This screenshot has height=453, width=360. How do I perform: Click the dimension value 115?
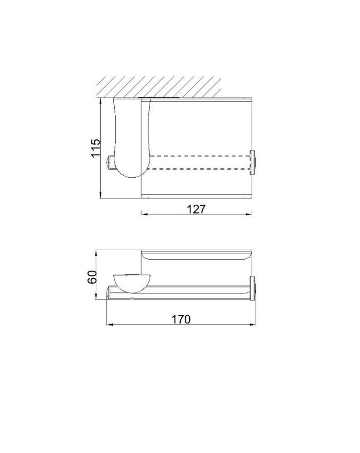(96, 148)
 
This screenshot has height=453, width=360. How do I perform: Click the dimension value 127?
(196, 209)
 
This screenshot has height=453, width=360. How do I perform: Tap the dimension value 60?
(92, 277)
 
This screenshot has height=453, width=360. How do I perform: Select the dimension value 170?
(181, 319)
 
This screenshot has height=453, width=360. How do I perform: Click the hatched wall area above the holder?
(159, 87)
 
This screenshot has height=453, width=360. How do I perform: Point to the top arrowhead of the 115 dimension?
(101, 101)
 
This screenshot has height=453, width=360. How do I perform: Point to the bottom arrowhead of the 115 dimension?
(101, 196)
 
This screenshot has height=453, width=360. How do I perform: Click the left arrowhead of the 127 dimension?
(144, 214)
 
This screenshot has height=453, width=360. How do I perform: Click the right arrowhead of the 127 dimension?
(249, 214)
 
